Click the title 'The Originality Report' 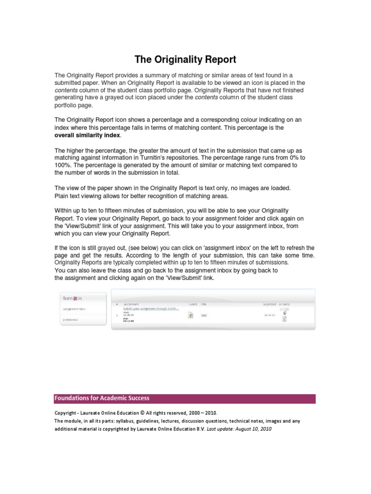coord(185,60)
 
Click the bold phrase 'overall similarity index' coord(87,136)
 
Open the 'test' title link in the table coord(204,315)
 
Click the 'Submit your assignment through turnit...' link coord(151,308)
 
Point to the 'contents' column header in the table coord(284,304)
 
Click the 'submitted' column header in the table coord(270,304)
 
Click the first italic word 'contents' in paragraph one coord(67,90)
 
